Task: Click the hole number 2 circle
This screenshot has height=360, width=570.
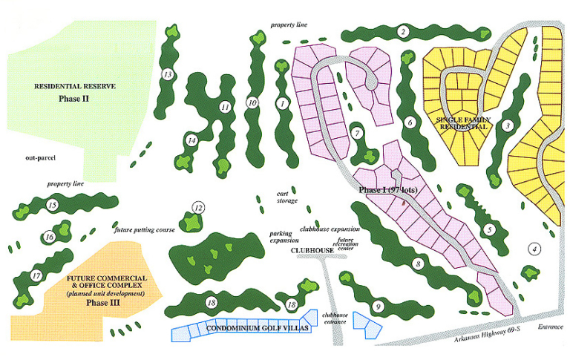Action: [402, 32]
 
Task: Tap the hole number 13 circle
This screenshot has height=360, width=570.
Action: [168, 74]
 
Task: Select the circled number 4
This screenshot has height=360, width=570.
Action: [534, 249]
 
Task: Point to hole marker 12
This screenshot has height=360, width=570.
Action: [198, 208]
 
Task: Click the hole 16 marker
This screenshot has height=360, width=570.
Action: [50, 238]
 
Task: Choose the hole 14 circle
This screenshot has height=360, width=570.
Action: [191, 140]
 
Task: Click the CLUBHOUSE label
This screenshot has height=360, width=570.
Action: [312, 251]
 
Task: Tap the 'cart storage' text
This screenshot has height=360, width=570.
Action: [287, 197]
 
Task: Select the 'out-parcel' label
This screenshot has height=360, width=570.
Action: [39, 157]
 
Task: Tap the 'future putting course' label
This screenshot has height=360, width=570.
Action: [144, 230]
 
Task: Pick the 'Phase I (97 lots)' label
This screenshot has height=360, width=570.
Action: [391, 190]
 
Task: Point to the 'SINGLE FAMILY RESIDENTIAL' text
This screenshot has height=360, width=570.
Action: [462, 122]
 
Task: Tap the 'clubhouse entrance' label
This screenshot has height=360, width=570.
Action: [335, 318]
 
